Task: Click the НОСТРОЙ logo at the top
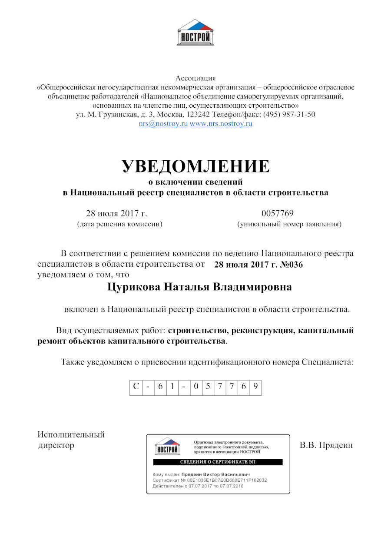(x=195, y=33)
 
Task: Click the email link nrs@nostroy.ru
(x=163, y=124)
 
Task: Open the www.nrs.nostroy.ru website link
(x=221, y=124)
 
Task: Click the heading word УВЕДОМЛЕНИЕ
(x=195, y=166)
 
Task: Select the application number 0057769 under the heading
(x=278, y=213)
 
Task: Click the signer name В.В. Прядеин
(x=326, y=445)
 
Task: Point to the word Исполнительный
(x=71, y=435)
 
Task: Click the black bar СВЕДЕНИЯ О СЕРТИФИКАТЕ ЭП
(x=218, y=462)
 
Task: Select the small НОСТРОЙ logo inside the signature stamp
(x=167, y=447)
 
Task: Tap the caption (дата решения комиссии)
(x=120, y=224)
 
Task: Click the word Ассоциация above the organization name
(x=195, y=78)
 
